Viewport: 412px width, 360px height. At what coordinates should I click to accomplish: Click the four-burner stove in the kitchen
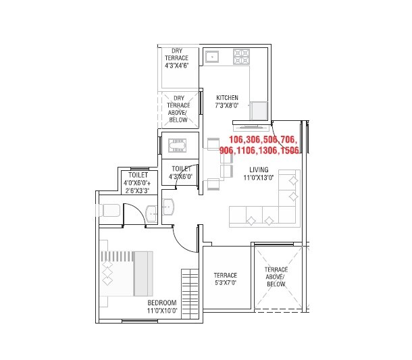(241, 56)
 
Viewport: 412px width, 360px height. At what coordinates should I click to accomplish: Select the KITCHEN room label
(226, 98)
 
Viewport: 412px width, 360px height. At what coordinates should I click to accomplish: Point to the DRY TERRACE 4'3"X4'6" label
(177, 58)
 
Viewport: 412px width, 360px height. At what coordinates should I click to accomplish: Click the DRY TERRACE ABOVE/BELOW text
(178, 109)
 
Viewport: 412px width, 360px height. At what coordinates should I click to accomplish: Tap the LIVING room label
(259, 170)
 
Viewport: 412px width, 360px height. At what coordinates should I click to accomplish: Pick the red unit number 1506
(288, 151)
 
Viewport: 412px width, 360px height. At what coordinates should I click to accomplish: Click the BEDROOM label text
(162, 303)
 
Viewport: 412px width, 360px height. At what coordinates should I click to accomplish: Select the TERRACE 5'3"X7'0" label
(226, 279)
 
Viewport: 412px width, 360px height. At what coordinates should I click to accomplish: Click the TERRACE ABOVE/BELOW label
(276, 277)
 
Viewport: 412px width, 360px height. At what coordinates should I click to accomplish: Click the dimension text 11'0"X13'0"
(259, 178)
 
